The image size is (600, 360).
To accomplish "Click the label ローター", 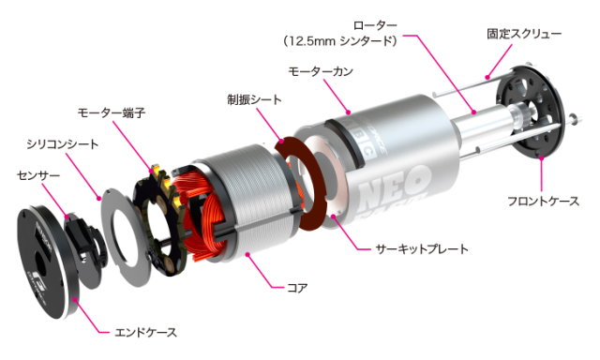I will (x=374, y=23).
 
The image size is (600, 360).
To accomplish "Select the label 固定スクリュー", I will (x=523, y=33).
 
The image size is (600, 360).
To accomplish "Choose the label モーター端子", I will (x=112, y=112).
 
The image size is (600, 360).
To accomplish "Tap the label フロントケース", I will (x=543, y=201).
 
